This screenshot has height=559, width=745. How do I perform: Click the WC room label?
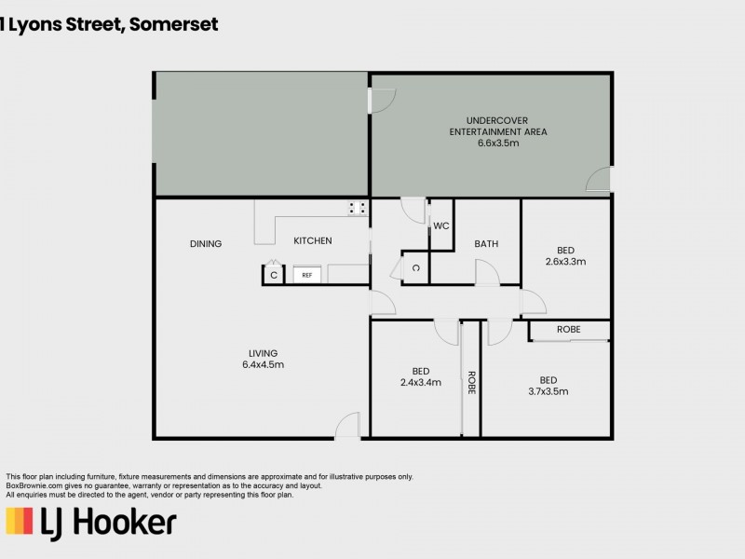pos(441,225)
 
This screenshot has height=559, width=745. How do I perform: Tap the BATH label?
pos(486,244)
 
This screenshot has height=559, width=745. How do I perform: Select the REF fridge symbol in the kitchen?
pos(307,275)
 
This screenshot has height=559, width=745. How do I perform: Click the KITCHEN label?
pos(313,241)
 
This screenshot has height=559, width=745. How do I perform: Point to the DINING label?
pos(206,244)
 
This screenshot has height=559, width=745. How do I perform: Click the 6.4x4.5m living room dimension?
pos(264,364)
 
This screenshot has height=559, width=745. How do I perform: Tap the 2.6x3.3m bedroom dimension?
pos(565,262)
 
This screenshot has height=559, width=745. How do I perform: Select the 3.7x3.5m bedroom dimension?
pos(548,391)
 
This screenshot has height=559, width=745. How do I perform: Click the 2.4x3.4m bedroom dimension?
pos(420,382)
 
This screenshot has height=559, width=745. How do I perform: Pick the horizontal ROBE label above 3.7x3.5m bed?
pos(569,330)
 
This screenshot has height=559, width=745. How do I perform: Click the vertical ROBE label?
pos(471,383)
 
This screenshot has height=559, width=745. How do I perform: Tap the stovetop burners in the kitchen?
pos(357,209)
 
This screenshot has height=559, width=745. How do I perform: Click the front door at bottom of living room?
pos(346,427)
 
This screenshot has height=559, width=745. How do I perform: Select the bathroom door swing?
pos(486,273)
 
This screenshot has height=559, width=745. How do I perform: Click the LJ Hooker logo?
pos(91,523)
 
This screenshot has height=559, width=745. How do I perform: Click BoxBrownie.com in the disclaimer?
pos(34,485)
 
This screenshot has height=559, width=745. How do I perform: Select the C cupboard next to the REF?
pos(274,275)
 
